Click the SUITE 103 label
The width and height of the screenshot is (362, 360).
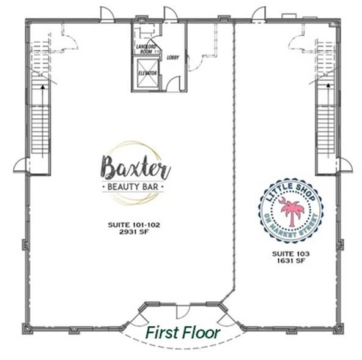point(290,252)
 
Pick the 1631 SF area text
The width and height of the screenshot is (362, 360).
point(290,260)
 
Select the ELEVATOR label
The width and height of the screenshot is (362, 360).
point(146,73)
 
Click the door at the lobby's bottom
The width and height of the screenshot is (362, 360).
point(173,84)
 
